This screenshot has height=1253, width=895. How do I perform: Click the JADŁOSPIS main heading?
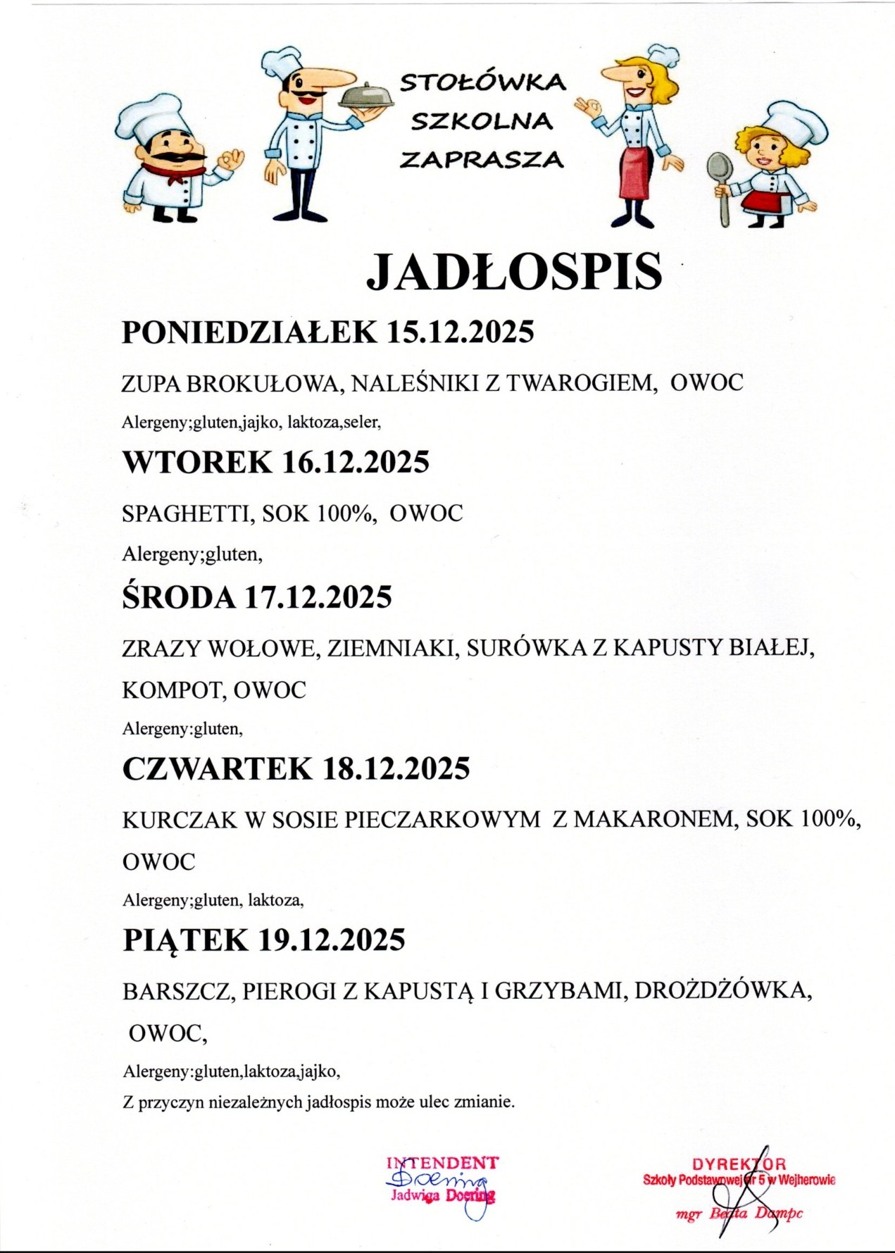click(x=514, y=272)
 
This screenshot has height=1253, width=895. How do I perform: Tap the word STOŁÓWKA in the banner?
click(x=482, y=83)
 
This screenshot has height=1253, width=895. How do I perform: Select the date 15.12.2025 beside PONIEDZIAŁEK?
click(x=461, y=332)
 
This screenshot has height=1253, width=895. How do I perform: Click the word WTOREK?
click(x=197, y=462)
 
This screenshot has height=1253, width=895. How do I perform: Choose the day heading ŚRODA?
click(x=179, y=597)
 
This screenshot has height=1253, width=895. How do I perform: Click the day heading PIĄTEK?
click(x=186, y=940)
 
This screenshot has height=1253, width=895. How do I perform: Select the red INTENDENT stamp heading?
click(x=442, y=1162)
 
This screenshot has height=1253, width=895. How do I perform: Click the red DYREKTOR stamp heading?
click(x=739, y=1164)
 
